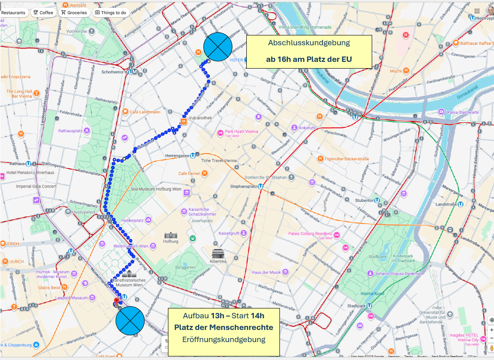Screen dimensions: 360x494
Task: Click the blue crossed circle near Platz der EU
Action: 218,47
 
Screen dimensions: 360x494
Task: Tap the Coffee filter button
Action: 43,13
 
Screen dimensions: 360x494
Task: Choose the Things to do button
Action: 111,13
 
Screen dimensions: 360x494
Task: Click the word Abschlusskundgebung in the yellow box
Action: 309,43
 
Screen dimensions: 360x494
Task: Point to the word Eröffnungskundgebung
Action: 224,339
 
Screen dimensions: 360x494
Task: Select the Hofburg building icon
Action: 171,235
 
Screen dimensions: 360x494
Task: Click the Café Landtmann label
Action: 145,112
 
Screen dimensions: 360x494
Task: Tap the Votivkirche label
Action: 76,31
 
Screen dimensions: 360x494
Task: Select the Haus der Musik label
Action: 266,272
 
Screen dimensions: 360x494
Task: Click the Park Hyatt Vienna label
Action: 241,132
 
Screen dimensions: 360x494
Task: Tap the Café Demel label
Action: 189,173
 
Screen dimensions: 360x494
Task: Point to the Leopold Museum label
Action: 72,298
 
